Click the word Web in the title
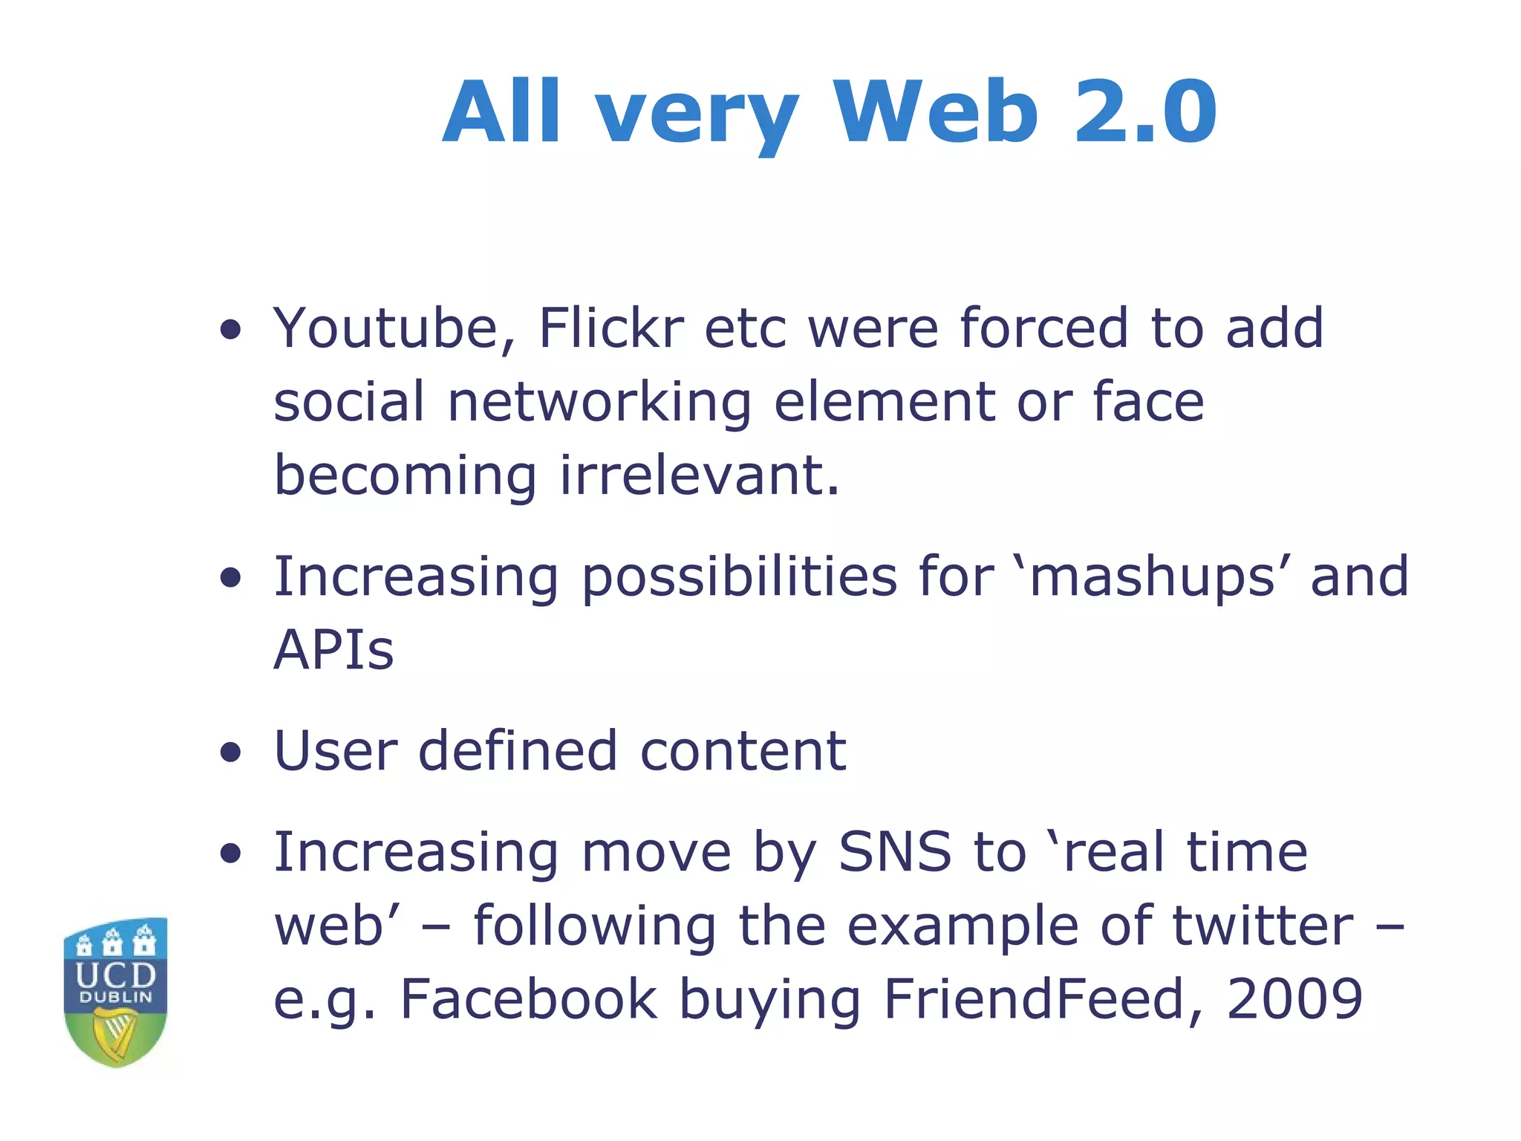tap(935, 113)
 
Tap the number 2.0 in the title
tap(1145, 113)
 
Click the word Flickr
tap(610, 328)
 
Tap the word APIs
tap(333, 650)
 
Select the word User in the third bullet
tap(336, 751)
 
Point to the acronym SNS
tap(895, 852)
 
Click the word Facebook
tap(529, 999)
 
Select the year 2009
tap(1294, 999)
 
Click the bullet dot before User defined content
tap(231, 752)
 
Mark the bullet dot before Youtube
tap(231, 329)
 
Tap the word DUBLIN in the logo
tap(116, 998)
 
